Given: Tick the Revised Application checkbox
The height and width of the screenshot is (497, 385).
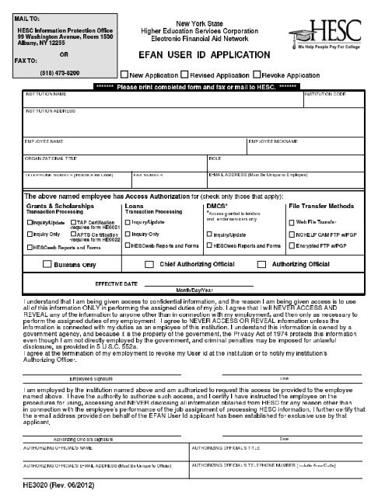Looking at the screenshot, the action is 184,75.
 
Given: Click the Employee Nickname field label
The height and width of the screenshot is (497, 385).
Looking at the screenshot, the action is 274,141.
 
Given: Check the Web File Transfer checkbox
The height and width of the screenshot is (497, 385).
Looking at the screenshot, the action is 292,221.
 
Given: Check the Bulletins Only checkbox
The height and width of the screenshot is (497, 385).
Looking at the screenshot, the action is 47,264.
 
